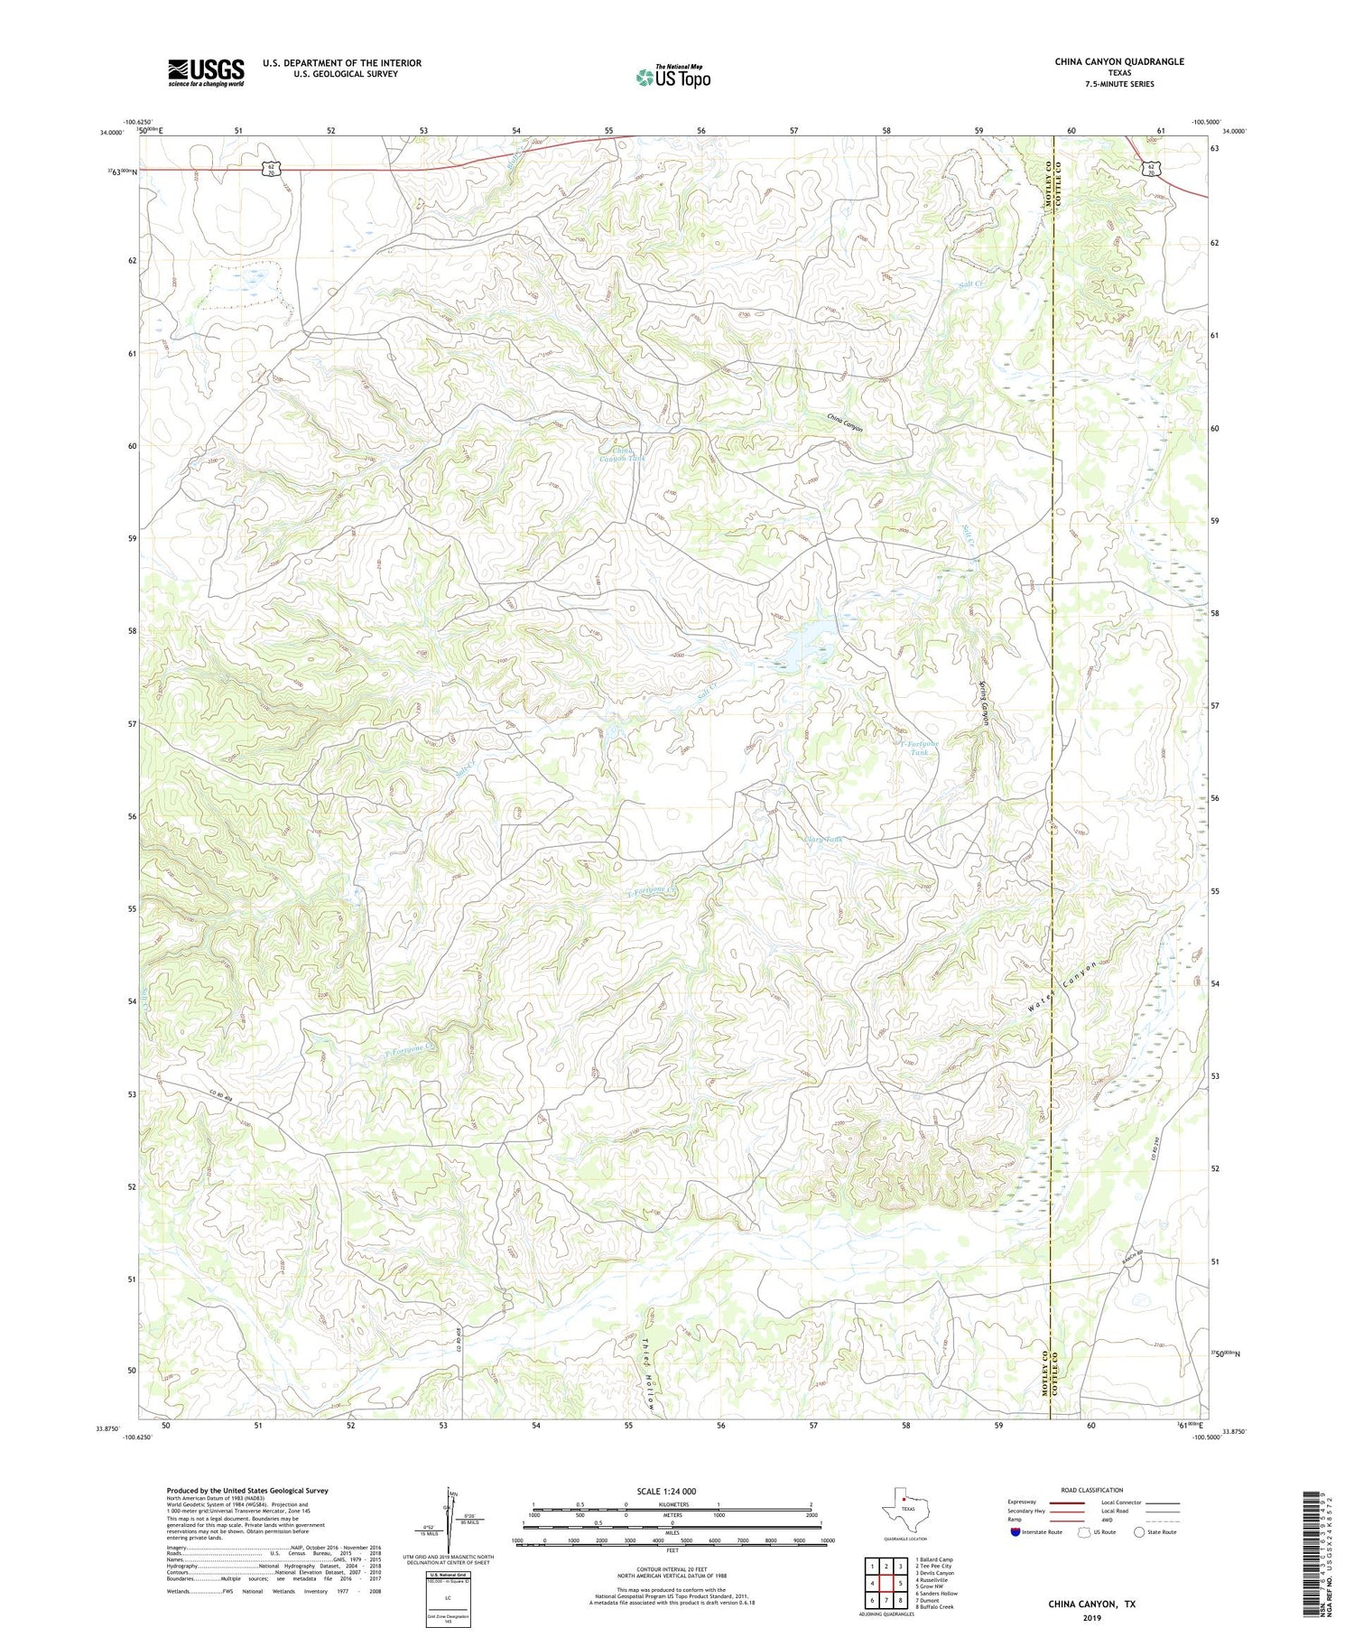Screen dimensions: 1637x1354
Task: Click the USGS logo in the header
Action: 206,72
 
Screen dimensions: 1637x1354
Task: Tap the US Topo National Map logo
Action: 673,77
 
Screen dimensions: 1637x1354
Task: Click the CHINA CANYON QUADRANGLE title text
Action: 1118,62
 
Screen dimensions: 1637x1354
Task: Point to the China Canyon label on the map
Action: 846,423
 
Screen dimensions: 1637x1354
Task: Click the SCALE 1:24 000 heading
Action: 672,1492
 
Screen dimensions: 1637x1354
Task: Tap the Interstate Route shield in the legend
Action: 1015,1532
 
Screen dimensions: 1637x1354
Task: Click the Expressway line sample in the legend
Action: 1071,1503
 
